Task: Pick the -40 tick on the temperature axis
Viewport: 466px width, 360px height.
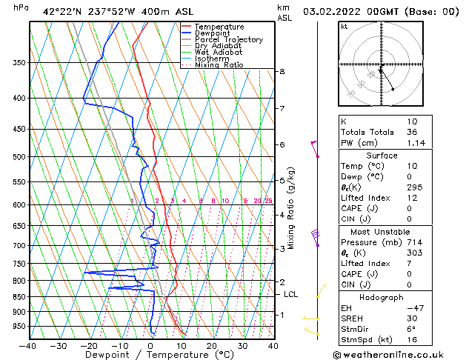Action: click(x=27, y=345)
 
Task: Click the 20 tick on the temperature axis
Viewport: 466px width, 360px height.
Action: click(x=212, y=345)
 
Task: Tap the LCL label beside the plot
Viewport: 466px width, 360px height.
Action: click(x=291, y=294)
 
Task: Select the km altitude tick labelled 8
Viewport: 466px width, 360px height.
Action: click(x=282, y=71)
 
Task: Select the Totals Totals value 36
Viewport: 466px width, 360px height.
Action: click(x=412, y=132)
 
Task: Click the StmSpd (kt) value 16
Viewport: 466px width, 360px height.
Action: click(x=412, y=340)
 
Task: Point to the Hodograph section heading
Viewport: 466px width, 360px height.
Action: click(x=382, y=297)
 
